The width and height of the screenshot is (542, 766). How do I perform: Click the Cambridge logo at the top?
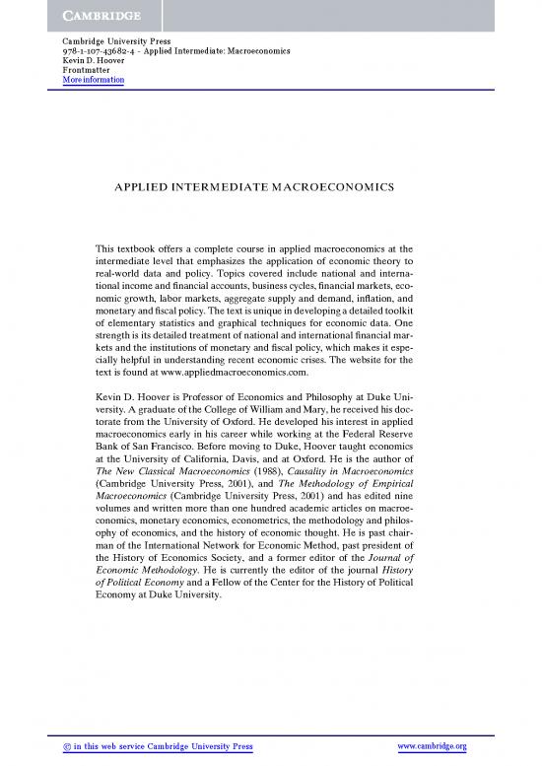(x=86, y=15)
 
